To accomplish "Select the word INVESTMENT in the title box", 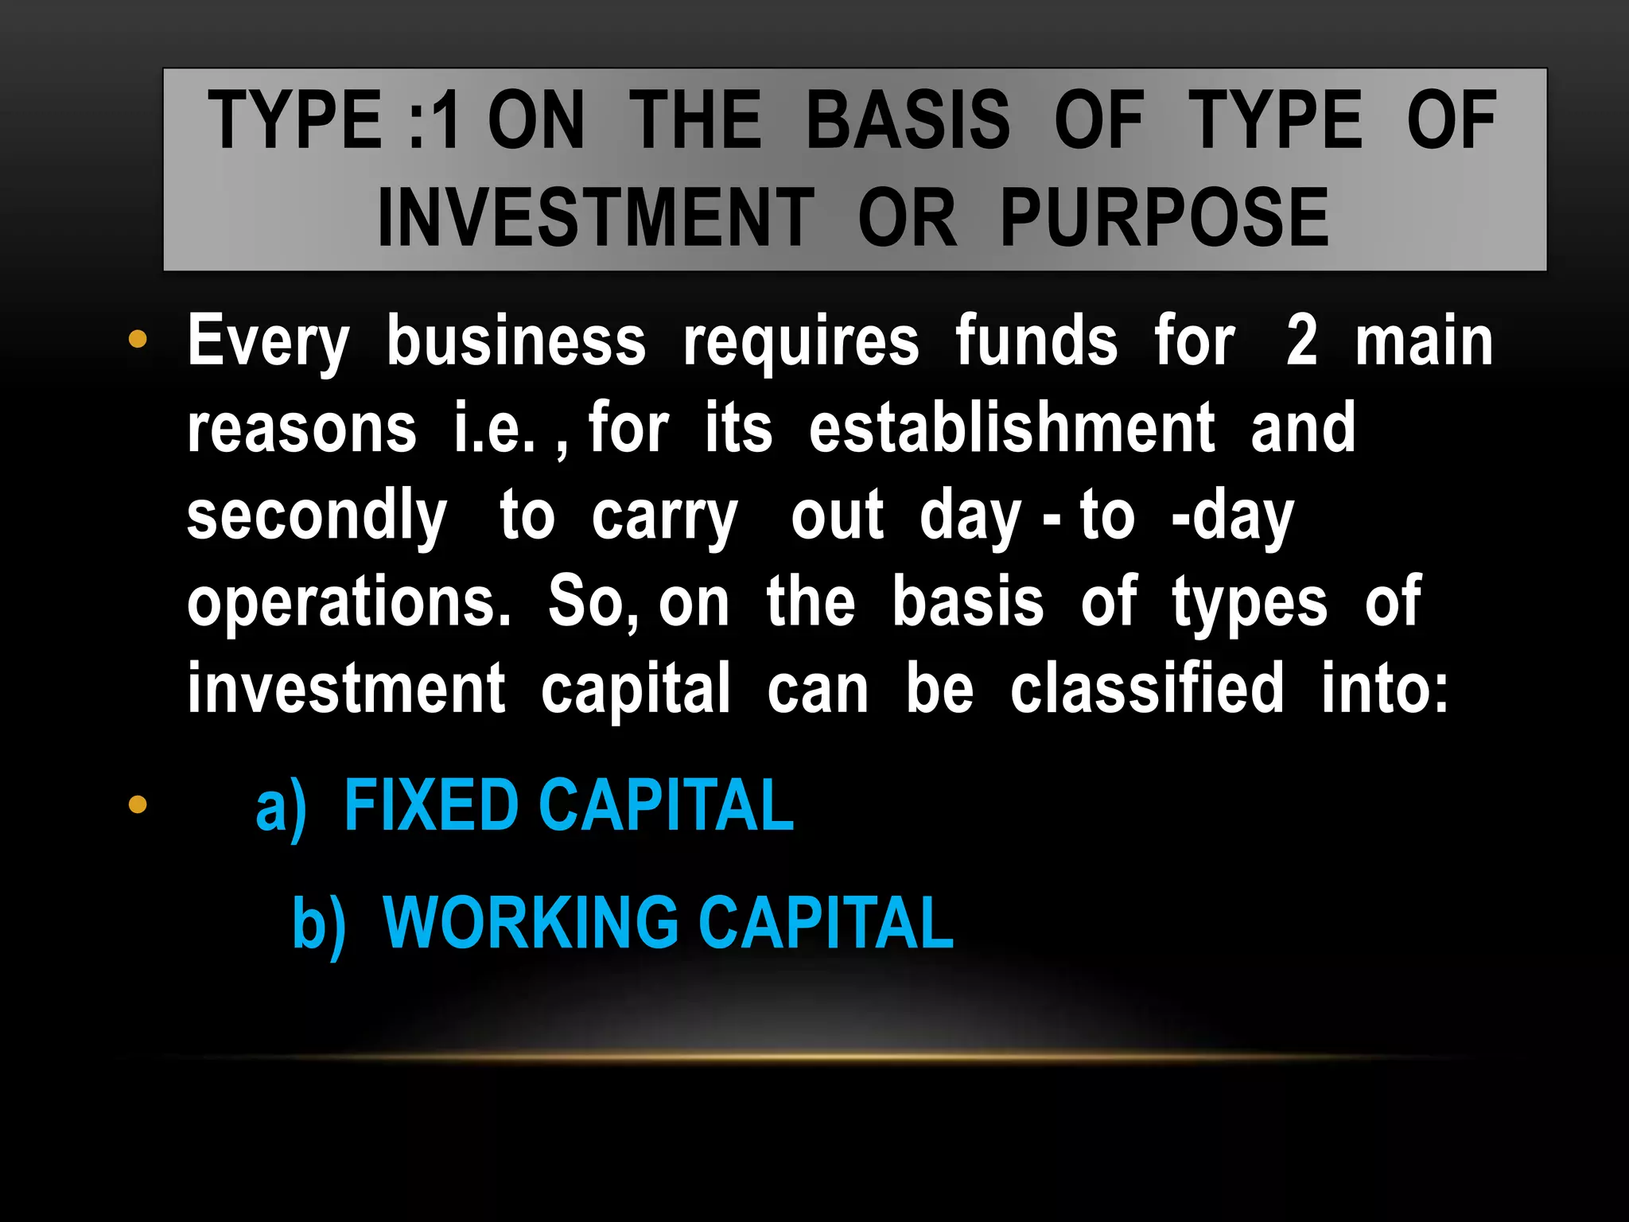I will coord(596,216).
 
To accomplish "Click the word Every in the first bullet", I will coord(269,342).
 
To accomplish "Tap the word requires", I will coord(801,342).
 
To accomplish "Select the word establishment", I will coord(1012,428).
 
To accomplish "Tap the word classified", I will coord(1147,688).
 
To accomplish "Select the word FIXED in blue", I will coord(431,805).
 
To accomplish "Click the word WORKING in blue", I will coord(531,922).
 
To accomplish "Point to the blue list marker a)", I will coord(281,807).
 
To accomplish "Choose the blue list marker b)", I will coord(319,924).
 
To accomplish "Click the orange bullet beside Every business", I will coord(138,340).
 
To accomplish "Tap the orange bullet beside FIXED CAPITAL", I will coord(138,804).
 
